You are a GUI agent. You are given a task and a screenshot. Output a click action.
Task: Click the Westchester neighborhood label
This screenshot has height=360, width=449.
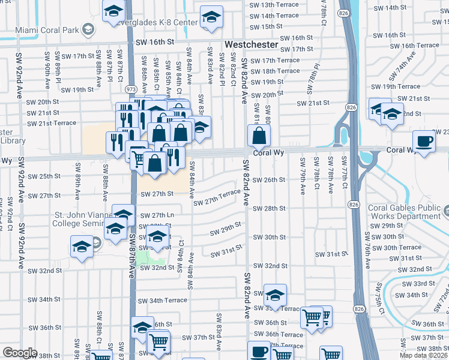click(251, 45)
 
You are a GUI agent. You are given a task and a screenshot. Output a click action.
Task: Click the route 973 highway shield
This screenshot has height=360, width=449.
click(130, 89)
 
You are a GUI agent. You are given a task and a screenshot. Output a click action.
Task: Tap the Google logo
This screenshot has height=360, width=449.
click(20, 353)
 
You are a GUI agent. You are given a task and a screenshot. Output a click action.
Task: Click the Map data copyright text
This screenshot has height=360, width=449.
click(423, 355)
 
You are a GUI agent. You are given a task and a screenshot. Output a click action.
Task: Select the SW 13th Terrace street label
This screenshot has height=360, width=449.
click(273, 5)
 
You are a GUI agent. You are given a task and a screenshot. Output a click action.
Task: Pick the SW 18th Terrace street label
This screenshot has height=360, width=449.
click(275, 71)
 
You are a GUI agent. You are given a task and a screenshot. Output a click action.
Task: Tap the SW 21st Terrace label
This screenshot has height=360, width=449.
click(52, 123)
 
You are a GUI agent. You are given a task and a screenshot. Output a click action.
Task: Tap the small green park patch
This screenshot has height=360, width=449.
click(149, 258)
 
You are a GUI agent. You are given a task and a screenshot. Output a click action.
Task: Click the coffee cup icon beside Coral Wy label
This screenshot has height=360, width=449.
click(424, 142)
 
